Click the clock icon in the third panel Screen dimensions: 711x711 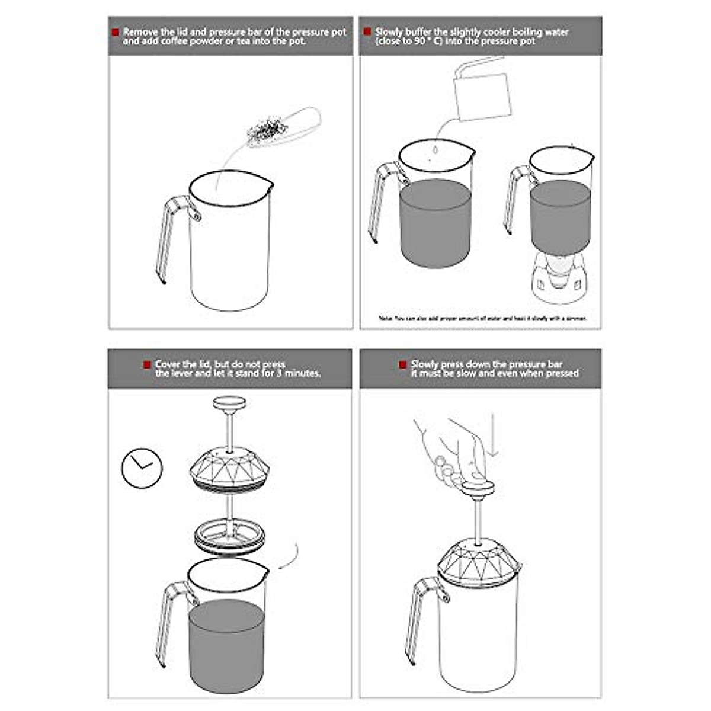[x=142, y=468]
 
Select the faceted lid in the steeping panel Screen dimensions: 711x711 [x=230, y=467]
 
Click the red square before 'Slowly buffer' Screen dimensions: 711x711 [x=367, y=32]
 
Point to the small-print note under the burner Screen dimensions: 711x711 [x=483, y=318]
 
